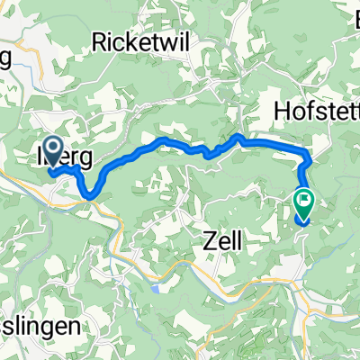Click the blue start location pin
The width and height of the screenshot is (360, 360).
pyautogui.click(x=52, y=153)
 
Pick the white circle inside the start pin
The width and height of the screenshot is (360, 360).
pyautogui.click(x=52, y=148)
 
